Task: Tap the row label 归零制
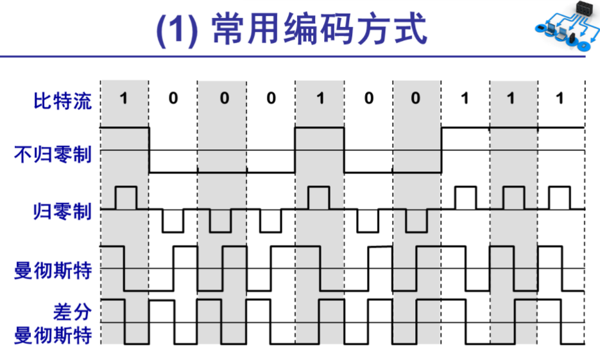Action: point(63,211)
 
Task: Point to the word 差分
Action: point(72,313)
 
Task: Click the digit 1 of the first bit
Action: point(124,99)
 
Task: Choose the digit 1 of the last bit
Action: point(560,99)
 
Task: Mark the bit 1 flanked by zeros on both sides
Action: point(320,99)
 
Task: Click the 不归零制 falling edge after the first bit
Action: point(149,150)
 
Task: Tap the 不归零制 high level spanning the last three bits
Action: point(513,127)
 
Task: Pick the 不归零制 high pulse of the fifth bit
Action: point(320,127)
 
